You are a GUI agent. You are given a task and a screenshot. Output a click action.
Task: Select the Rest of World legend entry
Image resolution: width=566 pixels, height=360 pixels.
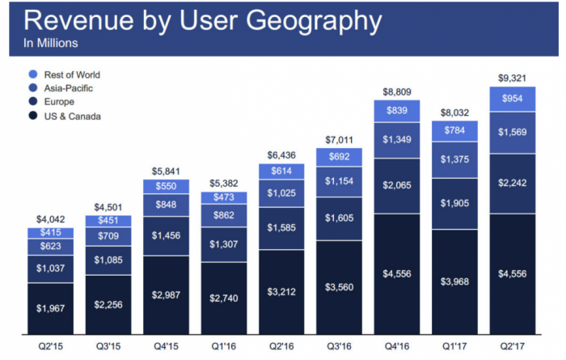point(72,74)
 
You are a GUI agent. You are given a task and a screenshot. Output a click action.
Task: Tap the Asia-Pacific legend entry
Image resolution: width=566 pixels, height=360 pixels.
point(69,88)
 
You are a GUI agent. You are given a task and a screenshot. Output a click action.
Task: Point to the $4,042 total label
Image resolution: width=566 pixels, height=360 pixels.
point(50,218)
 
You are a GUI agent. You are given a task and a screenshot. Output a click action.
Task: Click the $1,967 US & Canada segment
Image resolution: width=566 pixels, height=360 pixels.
point(50,308)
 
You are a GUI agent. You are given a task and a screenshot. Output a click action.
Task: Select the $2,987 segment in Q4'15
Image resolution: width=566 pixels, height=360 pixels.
point(165,294)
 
